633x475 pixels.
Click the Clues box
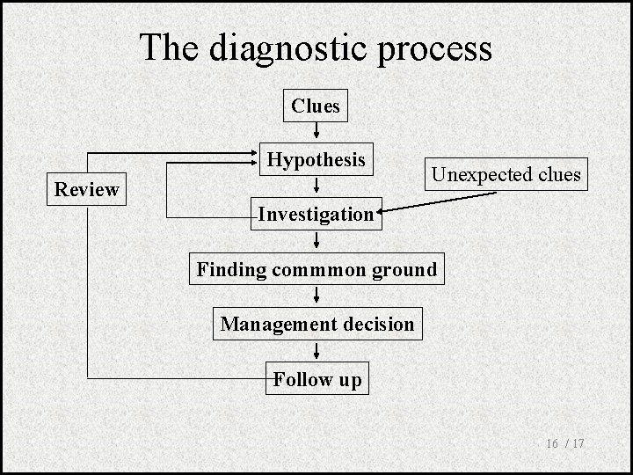[x=316, y=106]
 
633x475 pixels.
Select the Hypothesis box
[x=316, y=160]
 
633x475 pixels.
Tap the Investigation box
[x=316, y=214]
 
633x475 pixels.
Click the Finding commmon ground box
[x=316, y=269]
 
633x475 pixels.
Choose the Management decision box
[x=316, y=324]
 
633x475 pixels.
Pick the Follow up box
[x=316, y=380]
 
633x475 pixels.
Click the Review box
[x=86, y=189]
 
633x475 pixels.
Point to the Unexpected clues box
[x=506, y=174]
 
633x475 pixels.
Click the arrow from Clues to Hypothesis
[x=316, y=132]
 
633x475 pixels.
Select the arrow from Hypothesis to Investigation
[x=316, y=186]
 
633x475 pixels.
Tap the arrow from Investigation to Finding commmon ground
[x=316, y=241]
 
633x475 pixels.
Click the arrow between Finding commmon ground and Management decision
[x=316, y=296]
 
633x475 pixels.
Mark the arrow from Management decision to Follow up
[x=316, y=352]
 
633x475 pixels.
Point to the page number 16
[x=553, y=444]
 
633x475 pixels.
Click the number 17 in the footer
[x=578, y=444]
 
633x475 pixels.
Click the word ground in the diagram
[x=404, y=269]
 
